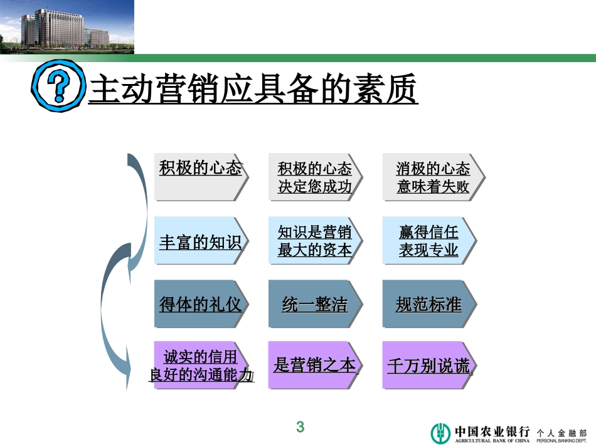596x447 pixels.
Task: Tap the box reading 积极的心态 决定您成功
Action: point(314,177)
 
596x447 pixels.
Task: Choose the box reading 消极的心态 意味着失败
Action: point(432,177)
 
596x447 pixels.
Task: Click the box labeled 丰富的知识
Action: point(200,241)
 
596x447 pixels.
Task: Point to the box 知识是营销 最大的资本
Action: point(314,241)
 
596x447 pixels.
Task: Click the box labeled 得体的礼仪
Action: point(200,304)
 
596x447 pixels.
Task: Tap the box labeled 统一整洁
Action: point(314,304)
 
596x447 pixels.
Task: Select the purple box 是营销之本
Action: point(314,365)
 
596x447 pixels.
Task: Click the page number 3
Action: point(300,428)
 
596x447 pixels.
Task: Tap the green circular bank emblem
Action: point(440,433)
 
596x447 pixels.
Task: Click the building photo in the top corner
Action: point(67,27)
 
